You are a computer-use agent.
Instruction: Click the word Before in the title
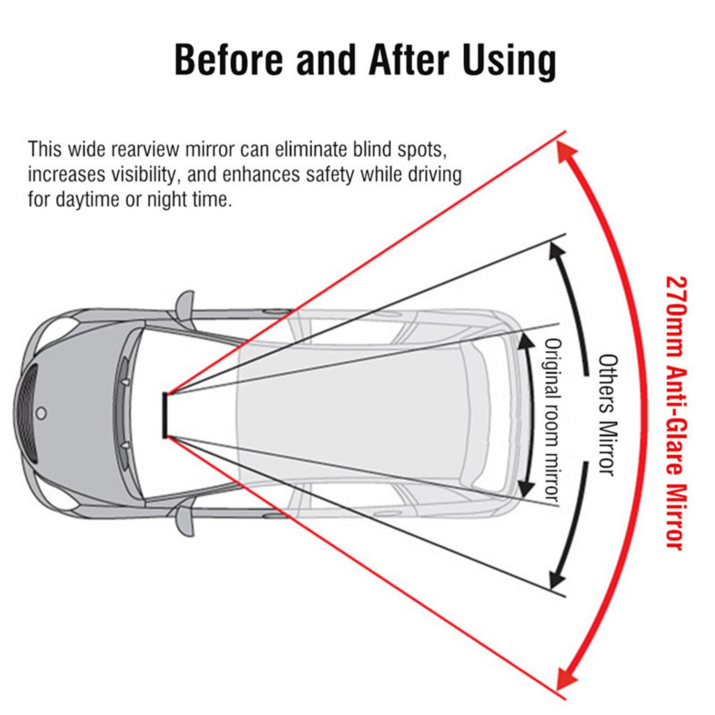(x=229, y=60)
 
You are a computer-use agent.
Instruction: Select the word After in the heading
(x=409, y=60)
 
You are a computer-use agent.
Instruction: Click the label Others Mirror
(x=608, y=415)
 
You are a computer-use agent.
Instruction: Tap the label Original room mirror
(x=552, y=420)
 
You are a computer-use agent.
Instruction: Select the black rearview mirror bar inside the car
(x=165, y=415)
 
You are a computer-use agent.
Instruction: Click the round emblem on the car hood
(x=41, y=413)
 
